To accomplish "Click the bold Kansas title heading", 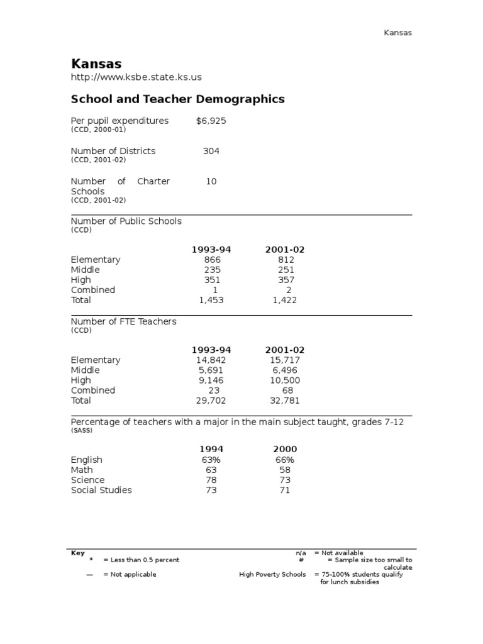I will [96, 64].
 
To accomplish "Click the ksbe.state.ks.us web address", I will [136, 77].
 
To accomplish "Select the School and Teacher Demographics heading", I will [177, 99].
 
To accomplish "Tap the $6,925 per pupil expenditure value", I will [211, 121].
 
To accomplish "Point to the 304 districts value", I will [211, 151].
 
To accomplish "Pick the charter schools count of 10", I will [211, 181].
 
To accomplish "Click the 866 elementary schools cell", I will [212, 260].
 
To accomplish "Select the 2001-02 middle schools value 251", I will [285, 270].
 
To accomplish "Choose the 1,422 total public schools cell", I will [284, 300].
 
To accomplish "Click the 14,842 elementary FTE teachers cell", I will [211, 360].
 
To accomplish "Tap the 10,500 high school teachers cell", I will [285, 380].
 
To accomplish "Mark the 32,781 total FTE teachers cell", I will [285, 401].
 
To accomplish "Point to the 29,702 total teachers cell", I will [211, 401].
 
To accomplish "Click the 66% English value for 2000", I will [285, 460].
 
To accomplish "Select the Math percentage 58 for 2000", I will [285, 470].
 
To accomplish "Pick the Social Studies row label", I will [101, 490].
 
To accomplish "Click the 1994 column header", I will [211, 449].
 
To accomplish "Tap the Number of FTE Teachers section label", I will [123, 321].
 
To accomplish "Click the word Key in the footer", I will [77, 553].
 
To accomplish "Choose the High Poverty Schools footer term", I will [272, 574].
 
